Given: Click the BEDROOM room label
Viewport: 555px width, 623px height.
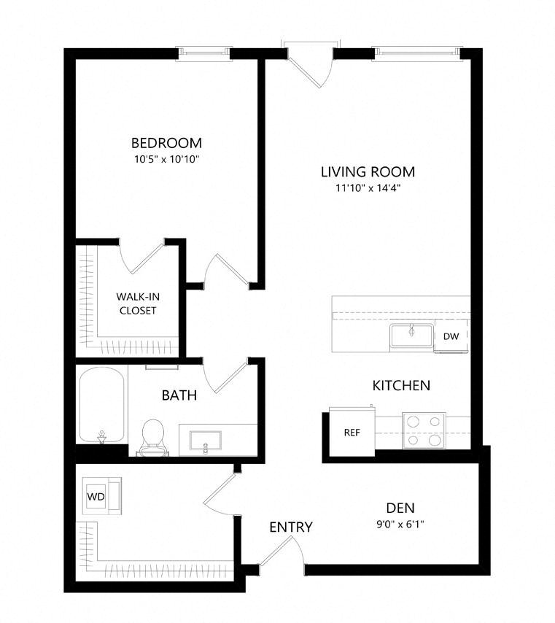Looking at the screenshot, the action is (166, 143).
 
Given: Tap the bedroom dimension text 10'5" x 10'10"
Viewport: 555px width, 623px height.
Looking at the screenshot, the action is (166, 159).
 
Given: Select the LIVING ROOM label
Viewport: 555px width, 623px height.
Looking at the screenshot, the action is (368, 171).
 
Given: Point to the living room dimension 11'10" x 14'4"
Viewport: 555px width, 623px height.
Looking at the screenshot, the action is (368, 188).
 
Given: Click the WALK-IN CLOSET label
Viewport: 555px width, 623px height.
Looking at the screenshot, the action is (138, 303).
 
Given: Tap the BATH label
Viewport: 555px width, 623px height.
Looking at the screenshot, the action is (179, 395).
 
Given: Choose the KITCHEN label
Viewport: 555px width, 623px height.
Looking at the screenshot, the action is (401, 385).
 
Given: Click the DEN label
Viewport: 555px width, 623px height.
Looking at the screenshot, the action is (400, 508).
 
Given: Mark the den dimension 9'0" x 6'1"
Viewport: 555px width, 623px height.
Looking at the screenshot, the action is (400, 525).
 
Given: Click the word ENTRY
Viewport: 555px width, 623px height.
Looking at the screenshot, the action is (291, 527).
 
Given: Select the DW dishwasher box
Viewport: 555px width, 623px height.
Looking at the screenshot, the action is (451, 336).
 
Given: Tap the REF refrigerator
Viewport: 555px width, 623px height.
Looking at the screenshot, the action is (352, 431).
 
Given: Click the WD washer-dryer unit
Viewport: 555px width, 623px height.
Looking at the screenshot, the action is (101, 496).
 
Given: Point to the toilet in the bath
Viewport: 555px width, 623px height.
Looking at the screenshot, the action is (153, 438).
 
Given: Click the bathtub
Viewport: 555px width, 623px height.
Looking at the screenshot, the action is (101, 406).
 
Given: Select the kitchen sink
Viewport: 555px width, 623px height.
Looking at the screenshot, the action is (411, 336).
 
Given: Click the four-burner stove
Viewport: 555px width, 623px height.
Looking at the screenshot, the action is (424, 430).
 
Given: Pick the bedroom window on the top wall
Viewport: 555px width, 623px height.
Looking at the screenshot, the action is (203, 53).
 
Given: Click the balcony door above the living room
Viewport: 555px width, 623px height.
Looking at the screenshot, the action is (310, 63).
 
